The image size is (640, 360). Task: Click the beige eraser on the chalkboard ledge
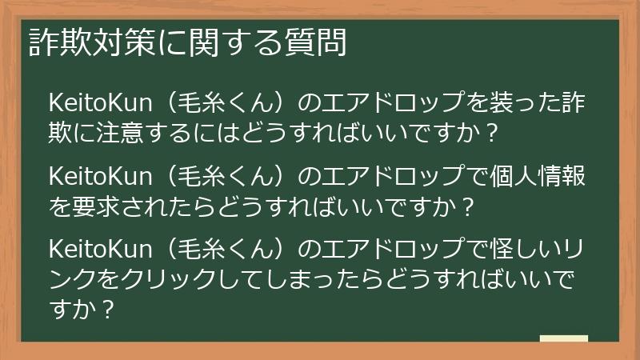pos(563,338)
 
